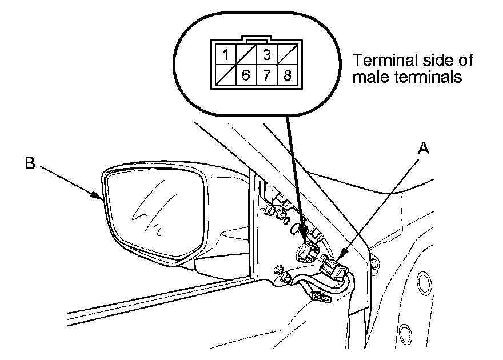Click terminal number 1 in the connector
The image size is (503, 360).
[x=226, y=54]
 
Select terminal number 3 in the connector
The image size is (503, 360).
[x=267, y=54]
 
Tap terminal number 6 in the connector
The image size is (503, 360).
[x=246, y=75]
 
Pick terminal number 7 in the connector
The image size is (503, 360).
[x=267, y=75]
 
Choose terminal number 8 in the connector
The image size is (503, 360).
[x=288, y=75]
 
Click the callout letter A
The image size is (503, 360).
[x=424, y=149]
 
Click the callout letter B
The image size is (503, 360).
[x=30, y=163]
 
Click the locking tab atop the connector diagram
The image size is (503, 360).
[x=257, y=39]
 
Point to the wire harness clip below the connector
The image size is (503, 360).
[x=321, y=297]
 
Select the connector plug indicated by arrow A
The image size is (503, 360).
[x=333, y=269]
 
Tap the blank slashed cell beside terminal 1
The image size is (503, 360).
[x=246, y=54]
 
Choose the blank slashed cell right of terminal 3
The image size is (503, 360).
[x=288, y=54]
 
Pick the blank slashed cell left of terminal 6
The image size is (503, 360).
[x=226, y=75]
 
